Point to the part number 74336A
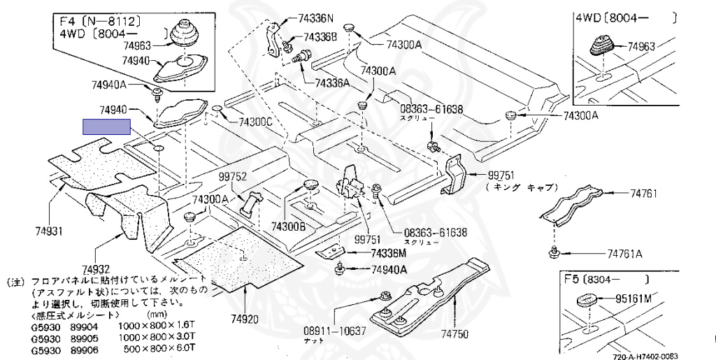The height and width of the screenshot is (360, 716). (333, 82)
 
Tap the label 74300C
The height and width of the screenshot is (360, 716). (255, 122)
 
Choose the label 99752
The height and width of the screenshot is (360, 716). (232, 177)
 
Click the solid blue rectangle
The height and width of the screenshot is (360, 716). (106, 127)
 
